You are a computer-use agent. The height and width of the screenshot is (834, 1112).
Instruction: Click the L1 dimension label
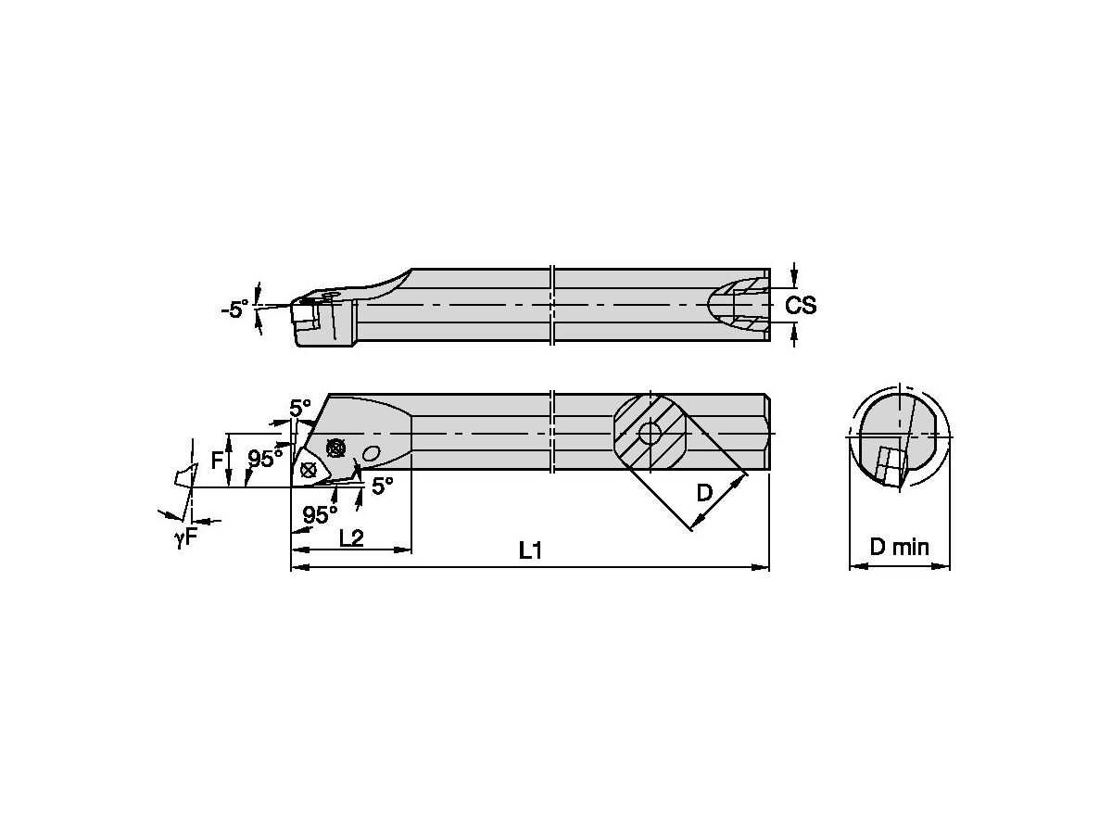(x=529, y=550)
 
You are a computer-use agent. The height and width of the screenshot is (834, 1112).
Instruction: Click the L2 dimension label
(x=350, y=537)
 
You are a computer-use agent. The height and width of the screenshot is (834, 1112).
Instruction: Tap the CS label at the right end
(x=801, y=305)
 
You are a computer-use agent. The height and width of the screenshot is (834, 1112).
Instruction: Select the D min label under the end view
(x=899, y=548)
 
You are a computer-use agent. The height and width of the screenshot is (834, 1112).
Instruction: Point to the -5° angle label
(x=234, y=310)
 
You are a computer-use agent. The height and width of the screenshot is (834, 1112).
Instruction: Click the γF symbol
(x=185, y=537)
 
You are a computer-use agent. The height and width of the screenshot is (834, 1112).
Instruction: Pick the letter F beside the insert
(x=217, y=459)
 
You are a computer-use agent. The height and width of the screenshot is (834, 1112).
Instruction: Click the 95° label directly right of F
(x=264, y=458)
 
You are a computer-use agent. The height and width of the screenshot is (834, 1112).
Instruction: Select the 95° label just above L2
(x=320, y=514)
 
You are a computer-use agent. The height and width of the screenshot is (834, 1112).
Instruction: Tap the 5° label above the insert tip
(x=300, y=408)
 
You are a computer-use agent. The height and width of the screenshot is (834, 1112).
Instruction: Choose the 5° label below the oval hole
(x=382, y=485)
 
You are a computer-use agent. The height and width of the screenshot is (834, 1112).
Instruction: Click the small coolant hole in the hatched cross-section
(x=650, y=433)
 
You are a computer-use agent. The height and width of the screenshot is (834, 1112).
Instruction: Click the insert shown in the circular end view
(x=888, y=465)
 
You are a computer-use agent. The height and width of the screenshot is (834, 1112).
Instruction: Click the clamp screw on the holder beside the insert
(x=335, y=448)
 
